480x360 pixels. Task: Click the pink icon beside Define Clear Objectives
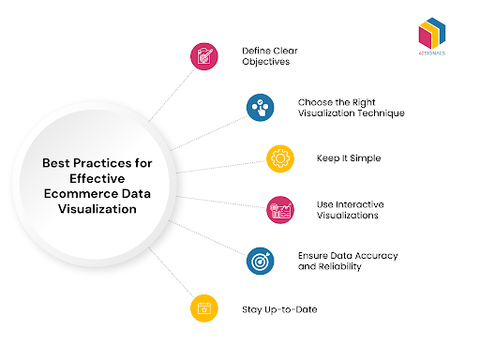coord(203,55)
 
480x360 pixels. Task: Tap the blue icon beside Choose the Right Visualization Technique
coord(262,107)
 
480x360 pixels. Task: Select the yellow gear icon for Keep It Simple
coord(280,157)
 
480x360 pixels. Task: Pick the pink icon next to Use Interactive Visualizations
coord(280,209)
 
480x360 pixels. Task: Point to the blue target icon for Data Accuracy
coord(261,261)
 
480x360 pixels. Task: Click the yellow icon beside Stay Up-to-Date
coord(203,308)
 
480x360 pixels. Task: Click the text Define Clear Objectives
coord(268,54)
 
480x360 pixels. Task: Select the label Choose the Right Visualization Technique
coord(351,107)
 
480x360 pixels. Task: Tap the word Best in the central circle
coord(57,162)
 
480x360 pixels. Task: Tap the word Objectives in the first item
coord(265,61)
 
